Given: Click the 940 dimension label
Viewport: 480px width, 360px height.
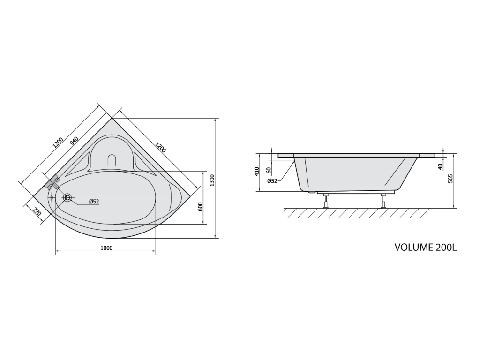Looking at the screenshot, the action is [x=75, y=141].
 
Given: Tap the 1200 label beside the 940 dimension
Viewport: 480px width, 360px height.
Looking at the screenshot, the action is [x=58, y=143].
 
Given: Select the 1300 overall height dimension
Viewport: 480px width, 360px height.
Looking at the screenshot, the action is [x=213, y=180].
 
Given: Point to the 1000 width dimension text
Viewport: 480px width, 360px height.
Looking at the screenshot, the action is [x=106, y=248].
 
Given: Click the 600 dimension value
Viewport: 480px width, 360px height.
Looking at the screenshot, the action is [x=201, y=207].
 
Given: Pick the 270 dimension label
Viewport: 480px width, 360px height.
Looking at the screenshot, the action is [x=37, y=211].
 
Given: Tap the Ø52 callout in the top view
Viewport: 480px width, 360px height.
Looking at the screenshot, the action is [x=94, y=202].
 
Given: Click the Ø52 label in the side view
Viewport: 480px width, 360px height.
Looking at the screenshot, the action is [x=272, y=181].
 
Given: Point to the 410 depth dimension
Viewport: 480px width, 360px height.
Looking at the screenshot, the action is [x=257, y=171].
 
